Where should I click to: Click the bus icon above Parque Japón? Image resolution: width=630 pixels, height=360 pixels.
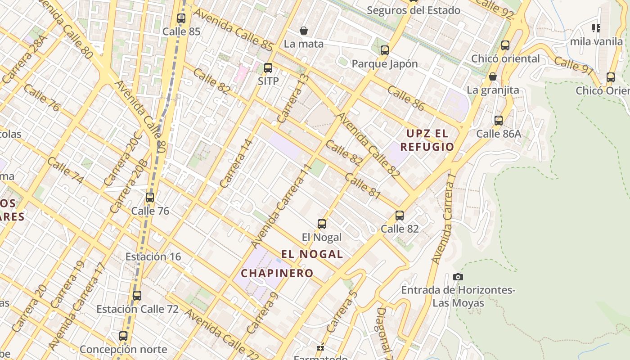click(x=384, y=50)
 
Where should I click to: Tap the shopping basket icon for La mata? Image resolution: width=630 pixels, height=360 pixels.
click(x=304, y=31)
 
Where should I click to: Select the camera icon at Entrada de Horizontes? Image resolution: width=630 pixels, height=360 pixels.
click(x=458, y=277)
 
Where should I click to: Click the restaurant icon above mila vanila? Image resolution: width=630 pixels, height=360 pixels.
click(x=596, y=28)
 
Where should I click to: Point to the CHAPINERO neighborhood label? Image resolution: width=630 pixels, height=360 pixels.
click(x=277, y=273)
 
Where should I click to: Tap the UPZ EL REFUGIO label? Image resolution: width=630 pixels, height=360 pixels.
click(x=427, y=140)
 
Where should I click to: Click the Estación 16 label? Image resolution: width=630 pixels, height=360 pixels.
click(x=153, y=256)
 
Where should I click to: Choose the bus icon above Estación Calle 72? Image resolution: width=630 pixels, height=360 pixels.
click(x=137, y=296)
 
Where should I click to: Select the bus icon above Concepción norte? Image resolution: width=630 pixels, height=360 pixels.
click(x=123, y=336)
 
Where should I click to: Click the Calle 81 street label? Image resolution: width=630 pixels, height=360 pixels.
click(x=363, y=186)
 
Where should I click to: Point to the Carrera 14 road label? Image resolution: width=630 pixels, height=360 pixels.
click(x=237, y=163)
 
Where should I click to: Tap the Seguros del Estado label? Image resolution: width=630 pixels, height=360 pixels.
click(x=414, y=10)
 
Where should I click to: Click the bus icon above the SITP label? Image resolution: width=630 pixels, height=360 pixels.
click(x=268, y=68)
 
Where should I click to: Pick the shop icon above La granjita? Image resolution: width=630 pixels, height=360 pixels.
click(x=493, y=76)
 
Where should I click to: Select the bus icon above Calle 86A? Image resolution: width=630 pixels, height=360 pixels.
click(x=499, y=121)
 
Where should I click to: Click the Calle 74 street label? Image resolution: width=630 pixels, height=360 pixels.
click(x=65, y=170)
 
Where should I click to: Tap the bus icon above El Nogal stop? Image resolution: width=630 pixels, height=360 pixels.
click(x=322, y=224)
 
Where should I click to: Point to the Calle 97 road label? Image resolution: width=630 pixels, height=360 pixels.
click(x=574, y=65)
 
